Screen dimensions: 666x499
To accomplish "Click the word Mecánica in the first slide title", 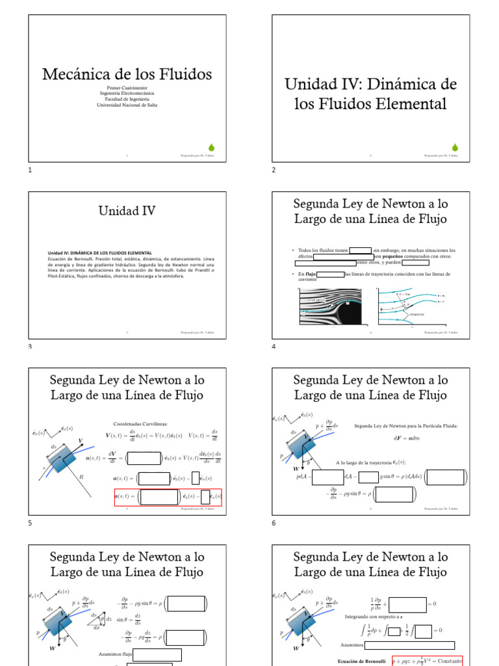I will pos(70,74).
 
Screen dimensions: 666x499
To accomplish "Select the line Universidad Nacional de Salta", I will pos(127,105).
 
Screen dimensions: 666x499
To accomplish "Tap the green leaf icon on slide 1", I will pos(211,146).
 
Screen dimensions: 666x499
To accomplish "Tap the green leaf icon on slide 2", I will pos(455,146).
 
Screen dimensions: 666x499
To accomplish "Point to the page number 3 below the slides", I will pos(30,346).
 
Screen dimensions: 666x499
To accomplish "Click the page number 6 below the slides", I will pos(274,522).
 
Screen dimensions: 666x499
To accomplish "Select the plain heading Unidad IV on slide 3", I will pos(127,210).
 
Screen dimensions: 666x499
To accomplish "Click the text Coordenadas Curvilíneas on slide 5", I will pos(140,423).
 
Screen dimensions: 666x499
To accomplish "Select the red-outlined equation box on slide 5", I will pos(168,498).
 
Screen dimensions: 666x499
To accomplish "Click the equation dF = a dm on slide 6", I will pos(406,438).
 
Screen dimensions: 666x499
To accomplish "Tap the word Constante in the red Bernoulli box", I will pos(446,661).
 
